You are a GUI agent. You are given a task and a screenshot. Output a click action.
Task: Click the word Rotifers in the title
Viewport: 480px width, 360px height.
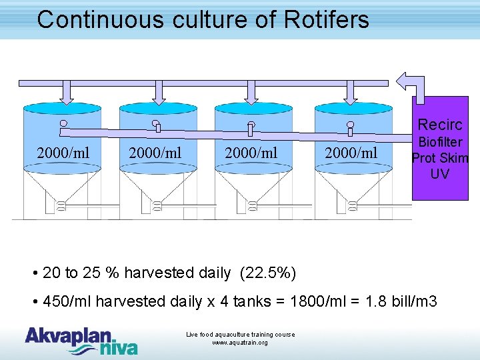[326, 19]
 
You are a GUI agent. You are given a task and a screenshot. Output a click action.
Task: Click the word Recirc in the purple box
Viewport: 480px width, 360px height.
[439, 125]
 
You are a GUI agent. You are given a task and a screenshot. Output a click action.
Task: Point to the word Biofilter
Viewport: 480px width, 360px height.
[439, 143]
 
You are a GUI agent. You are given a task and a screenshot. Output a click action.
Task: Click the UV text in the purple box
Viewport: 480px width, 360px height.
[439, 174]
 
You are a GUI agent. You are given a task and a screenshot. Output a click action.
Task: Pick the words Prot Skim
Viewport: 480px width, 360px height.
[440, 158]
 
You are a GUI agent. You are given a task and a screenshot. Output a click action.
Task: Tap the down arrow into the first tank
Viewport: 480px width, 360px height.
[66, 93]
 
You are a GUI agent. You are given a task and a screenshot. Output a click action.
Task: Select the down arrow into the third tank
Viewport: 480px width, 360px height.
[251, 93]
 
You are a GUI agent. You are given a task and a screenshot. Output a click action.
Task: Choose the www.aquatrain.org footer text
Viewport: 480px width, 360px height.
[240, 343]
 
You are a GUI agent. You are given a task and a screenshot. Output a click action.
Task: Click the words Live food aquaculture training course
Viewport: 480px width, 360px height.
[240, 334]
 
